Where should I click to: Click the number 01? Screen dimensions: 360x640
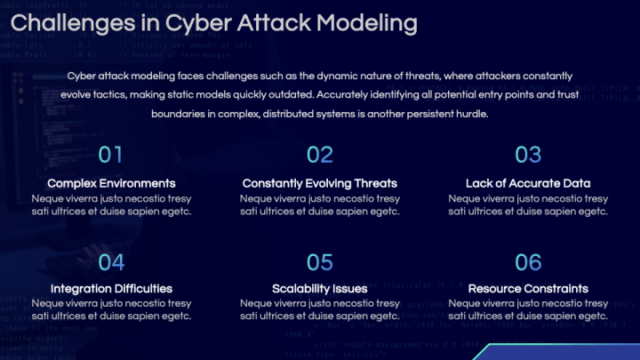point(111,155)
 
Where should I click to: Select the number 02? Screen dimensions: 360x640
point(319,155)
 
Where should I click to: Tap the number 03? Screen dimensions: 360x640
point(528,155)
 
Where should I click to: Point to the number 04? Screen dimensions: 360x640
point(111,261)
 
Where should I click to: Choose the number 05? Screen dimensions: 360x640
point(319,261)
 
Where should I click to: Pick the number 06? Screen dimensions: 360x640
point(528,261)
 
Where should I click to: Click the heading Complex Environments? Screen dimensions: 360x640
point(111,183)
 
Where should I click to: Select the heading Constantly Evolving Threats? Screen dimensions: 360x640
point(319,183)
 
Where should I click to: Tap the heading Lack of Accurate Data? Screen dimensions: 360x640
point(528,183)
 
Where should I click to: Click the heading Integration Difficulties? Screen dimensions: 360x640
point(111,289)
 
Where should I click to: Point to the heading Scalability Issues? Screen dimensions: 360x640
point(319,289)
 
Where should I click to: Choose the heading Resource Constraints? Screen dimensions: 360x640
point(528,289)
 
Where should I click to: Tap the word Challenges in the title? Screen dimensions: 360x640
point(75,20)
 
